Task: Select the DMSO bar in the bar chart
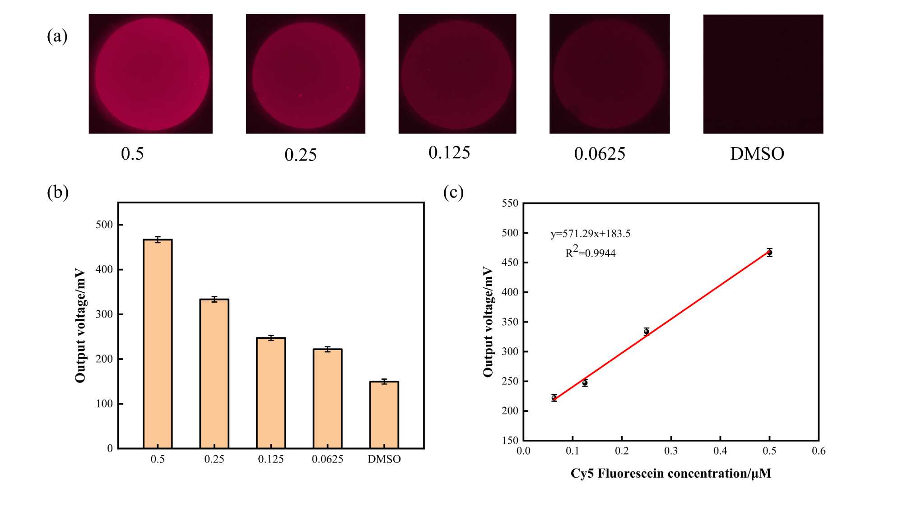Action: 384,415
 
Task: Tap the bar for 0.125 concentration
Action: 271,392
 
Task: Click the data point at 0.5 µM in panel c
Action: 769,253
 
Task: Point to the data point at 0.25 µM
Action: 647,332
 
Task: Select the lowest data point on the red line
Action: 554,397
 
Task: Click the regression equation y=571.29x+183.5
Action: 590,234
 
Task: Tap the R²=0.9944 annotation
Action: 590,252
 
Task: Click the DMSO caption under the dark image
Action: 757,154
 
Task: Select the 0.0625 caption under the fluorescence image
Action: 600,154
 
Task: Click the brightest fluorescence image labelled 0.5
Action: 151,74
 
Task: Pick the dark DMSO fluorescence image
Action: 763,74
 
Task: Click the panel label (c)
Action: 453,192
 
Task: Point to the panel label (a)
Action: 57,36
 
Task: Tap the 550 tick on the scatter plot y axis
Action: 510,203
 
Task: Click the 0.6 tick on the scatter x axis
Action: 818,451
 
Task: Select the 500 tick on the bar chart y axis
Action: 104,225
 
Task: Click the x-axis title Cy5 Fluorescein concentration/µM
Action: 670,473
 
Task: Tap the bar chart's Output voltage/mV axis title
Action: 80,326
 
